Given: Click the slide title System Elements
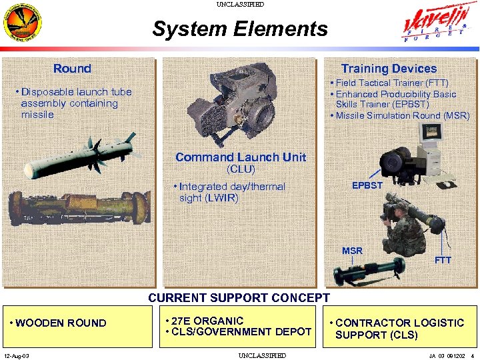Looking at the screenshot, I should tap(240, 29).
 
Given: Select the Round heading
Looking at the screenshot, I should tap(72, 69).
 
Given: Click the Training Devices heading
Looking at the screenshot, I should tap(389, 69).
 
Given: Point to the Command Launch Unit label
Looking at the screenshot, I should tap(241, 157).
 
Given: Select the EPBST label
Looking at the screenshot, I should tap(367, 185).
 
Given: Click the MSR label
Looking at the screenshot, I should tap(352, 251).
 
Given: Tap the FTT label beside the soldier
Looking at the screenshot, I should tap(443, 260).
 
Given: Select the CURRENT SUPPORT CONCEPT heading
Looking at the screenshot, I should tap(239, 298).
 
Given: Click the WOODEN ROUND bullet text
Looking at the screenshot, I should tap(59, 323).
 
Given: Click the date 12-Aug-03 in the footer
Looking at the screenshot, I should tap(16, 355).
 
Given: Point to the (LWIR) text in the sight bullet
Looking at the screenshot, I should tap(223, 198).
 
